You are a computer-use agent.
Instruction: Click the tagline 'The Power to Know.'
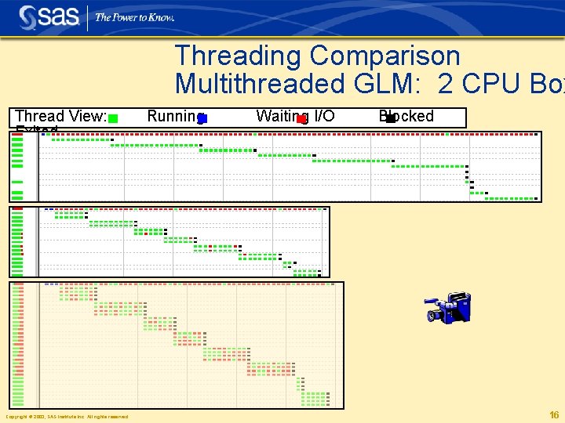point(135,17)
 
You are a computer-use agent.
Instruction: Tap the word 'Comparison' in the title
point(385,56)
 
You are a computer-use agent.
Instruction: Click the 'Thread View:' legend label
point(60,116)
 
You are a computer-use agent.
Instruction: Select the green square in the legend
point(113,119)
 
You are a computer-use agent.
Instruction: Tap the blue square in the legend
point(202,119)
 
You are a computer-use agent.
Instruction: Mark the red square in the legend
point(301,119)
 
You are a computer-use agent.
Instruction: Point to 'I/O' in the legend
point(324,116)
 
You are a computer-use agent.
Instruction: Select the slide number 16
point(554,415)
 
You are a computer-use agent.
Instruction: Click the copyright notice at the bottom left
point(67,417)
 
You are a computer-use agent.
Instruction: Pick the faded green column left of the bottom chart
point(17,345)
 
